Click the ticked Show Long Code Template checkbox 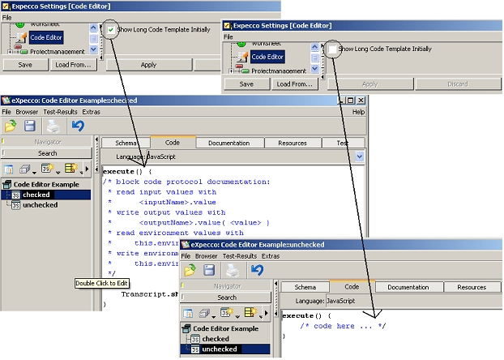(x=111, y=30)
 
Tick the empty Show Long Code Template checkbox (x=332, y=49)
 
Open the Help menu (x=358, y=111)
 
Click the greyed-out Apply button (x=369, y=84)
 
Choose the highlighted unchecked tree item (x=220, y=349)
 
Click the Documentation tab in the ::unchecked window (x=408, y=287)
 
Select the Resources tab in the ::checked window (x=292, y=142)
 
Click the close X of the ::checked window (x=361, y=100)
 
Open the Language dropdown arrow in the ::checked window (x=360, y=156)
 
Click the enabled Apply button (x=148, y=64)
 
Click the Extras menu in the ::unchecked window (x=270, y=256)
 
